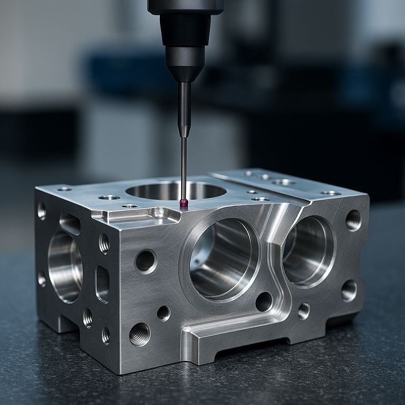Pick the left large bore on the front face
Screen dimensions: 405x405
tap(224, 258)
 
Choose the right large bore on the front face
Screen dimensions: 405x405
tap(308, 250)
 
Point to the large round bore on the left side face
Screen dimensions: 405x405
tap(64, 267)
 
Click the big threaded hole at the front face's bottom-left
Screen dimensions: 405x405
tap(139, 334)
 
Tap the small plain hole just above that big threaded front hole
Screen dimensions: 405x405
tap(163, 313)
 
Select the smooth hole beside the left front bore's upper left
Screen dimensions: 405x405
tap(146, 261)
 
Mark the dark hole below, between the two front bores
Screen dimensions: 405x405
tap(264, 302)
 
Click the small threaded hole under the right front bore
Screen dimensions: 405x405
tap(303, 311)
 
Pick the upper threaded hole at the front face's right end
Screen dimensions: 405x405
tap(353, 220)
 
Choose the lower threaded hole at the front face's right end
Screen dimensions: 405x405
tap(349, 290)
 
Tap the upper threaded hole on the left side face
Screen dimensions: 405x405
tap(104, 243)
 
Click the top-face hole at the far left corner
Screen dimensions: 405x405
tap(64, 189)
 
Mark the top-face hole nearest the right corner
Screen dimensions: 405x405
tap(331, 193)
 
